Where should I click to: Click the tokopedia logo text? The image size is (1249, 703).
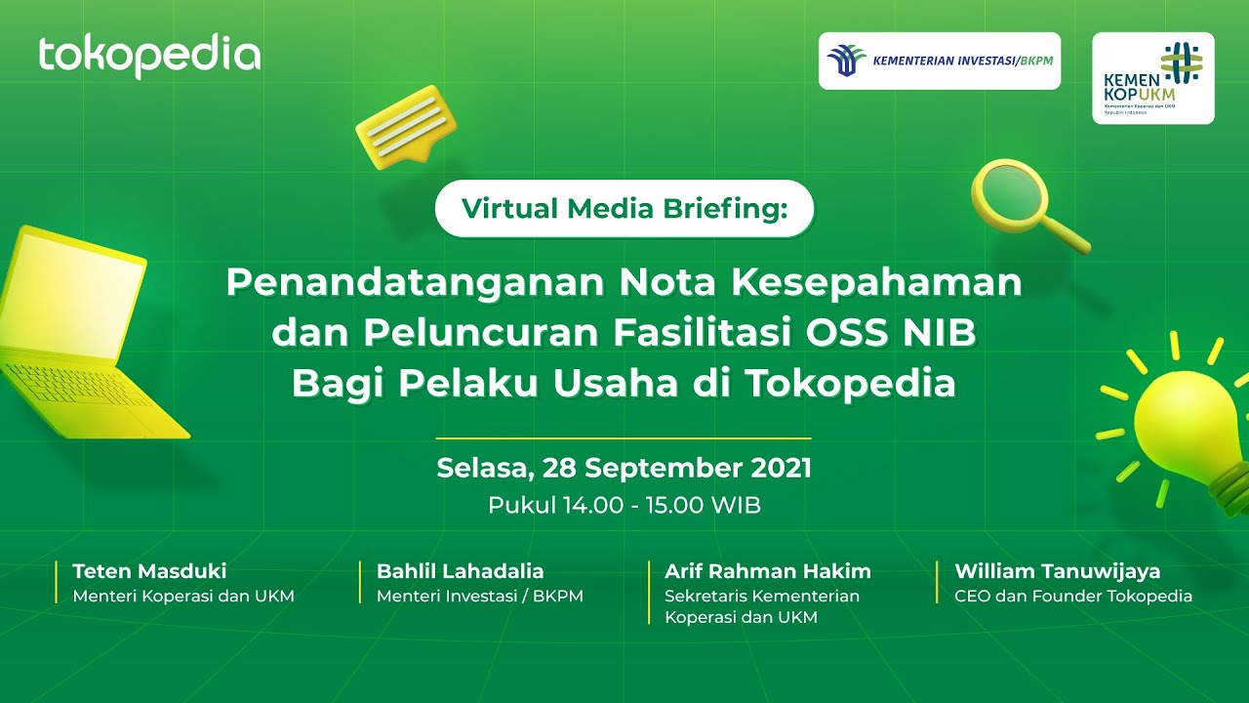click(x=149, y=57)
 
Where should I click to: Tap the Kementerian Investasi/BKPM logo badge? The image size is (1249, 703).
click(x=939, y=61)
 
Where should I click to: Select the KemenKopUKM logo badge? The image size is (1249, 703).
click(x=1152, y=78)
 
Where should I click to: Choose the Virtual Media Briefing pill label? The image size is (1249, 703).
click(x=624, y=209)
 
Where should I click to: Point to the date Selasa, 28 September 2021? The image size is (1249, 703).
click(x=624, y=468)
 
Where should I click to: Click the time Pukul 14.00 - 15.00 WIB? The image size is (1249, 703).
click(x=624, y=506)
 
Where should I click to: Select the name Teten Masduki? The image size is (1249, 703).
click(x=149, y=571)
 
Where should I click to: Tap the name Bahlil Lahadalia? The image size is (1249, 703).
click(x=460, y=571)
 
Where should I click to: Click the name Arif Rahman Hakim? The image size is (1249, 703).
click(x=767, y=571)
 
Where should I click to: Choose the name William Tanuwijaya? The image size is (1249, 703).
click(x=1057, y=571)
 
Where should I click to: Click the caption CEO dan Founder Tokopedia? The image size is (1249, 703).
click(x=1072, y=596)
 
